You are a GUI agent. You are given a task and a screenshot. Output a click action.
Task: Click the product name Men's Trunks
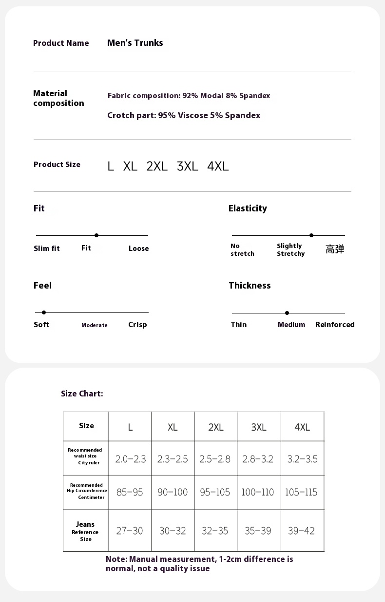(135, 43)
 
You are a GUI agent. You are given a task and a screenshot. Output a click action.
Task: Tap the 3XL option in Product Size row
(188, 166)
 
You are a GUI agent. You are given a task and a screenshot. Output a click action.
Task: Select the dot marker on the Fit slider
(96, 235)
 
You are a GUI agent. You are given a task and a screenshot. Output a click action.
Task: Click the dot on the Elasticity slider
(311, 235)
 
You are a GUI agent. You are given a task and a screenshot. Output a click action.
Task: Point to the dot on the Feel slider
(44, 312)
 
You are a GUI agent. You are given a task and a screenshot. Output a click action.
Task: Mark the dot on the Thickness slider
(287, 313)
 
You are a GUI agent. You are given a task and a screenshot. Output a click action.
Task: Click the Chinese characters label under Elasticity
(335, 249)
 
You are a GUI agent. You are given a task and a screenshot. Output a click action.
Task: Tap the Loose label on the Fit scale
(138, 249)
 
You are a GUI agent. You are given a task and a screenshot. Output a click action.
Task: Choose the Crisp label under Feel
(137, 325)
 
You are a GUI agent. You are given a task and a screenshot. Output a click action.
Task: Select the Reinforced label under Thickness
(335, 325)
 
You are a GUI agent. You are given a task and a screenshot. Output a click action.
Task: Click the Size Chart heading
(82, 394)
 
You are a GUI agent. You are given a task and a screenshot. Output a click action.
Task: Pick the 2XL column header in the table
(216, 427)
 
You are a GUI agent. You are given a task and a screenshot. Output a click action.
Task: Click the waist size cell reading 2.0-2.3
(130, 459)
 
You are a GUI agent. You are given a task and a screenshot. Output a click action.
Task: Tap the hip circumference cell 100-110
(258, 492)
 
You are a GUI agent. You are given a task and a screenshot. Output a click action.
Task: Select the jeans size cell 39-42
(301, 531)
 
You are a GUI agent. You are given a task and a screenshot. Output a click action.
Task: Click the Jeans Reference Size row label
(86, 531)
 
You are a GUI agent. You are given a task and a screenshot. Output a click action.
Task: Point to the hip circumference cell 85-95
(130, 492)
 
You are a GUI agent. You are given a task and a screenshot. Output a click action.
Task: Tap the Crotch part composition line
(184, 115)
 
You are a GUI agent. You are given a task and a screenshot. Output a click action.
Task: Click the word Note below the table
(115, 559)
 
